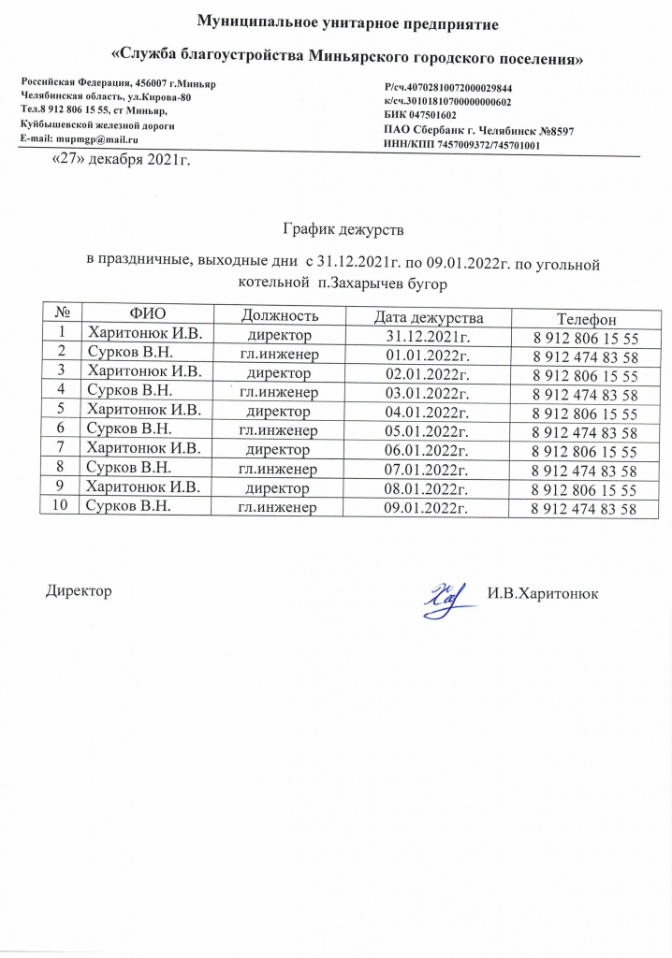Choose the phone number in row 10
click(584, 510)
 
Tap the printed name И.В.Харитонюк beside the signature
click(543, 594)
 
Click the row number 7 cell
click(62, 448)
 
